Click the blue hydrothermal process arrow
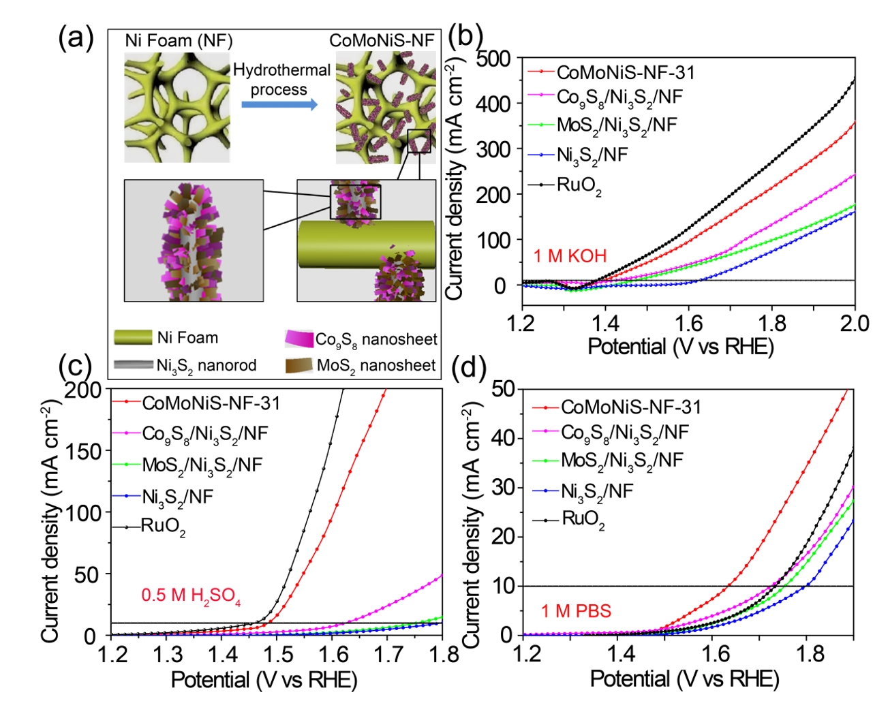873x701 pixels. [x=279, y=104]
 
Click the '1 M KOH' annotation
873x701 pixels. [x=570, y=256]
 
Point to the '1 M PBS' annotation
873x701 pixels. [x=576, y=611]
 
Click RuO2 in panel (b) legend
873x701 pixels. [x=579, y=185]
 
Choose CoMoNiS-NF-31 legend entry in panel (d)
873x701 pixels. [x=630, y=407]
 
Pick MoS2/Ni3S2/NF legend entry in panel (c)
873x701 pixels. [x=202, y=465]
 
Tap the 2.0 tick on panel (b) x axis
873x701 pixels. [x=855, y=323]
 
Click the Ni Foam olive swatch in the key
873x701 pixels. [x=133, y=338]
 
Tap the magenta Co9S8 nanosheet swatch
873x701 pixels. [x=298, y=339]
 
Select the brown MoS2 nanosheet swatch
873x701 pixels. [x=298, y=366]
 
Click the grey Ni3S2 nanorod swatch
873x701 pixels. [x=133, y=365]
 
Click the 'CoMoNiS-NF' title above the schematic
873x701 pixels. [x=382, y=41]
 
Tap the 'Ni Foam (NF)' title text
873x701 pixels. [x=179, y=41]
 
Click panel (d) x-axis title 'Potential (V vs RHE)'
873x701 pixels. [x=684, y=679]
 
